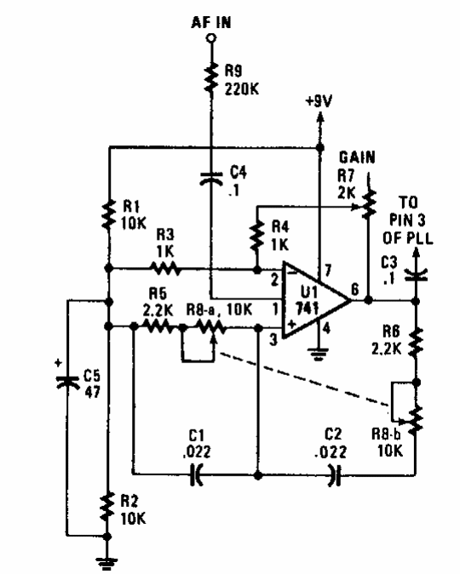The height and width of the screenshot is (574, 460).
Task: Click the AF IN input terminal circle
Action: [211, 37]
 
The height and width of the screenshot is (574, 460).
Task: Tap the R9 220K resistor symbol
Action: [211, 77]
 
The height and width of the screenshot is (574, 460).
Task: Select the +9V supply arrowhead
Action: [320, 118]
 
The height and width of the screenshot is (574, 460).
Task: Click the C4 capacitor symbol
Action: [211, 178]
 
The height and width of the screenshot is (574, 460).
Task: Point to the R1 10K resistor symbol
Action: [109, 214]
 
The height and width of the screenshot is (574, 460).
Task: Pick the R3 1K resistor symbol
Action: [164, 269]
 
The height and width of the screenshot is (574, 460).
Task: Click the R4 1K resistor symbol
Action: [257, 236]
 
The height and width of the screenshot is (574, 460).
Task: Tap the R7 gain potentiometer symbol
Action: [368, 204]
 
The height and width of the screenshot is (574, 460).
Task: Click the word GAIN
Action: [357, 157]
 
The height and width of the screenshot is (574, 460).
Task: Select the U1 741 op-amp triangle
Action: [316, 300]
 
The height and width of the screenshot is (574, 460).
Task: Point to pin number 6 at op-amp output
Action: [354, 289]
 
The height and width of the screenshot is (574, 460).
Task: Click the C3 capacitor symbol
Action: [416, 276]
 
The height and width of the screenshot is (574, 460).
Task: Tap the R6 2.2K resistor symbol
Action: [416, 343]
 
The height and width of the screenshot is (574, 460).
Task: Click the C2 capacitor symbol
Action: [335, 475]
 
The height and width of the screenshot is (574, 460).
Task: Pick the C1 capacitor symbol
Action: [196, 475]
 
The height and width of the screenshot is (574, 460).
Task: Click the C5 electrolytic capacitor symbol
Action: [68, 382]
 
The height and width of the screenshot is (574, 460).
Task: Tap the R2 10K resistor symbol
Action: [107, 507]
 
